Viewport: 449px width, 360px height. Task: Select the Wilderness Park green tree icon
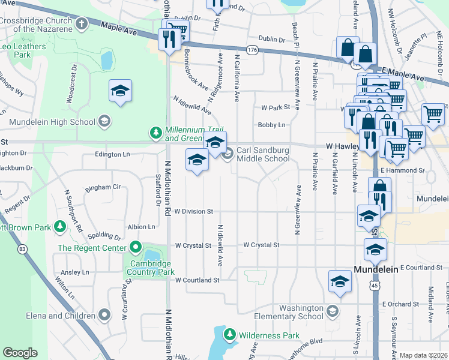[x=229, y=334]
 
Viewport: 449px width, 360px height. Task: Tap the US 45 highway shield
[x=375, y=286]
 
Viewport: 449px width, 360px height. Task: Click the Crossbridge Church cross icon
[x=82, y=23]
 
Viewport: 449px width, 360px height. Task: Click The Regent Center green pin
[x=136, y=247]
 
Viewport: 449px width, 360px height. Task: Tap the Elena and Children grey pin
[x=104, y=314]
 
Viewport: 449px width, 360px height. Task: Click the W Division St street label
[x=194, y=211]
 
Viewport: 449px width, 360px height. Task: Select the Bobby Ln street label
[x=271, y=125]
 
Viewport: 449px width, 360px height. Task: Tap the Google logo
[x=20, y=353]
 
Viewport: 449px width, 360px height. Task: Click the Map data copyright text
[x=424, y=355]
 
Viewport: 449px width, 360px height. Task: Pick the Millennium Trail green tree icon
[x=155, y=133]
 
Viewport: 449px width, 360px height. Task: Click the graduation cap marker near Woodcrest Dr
[x=120, y=91]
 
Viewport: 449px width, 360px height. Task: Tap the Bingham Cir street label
[x=103, y=187]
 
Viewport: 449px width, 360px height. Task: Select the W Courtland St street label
[x=197, y=280]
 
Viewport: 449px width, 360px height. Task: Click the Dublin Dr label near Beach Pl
[x=273, y=39]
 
